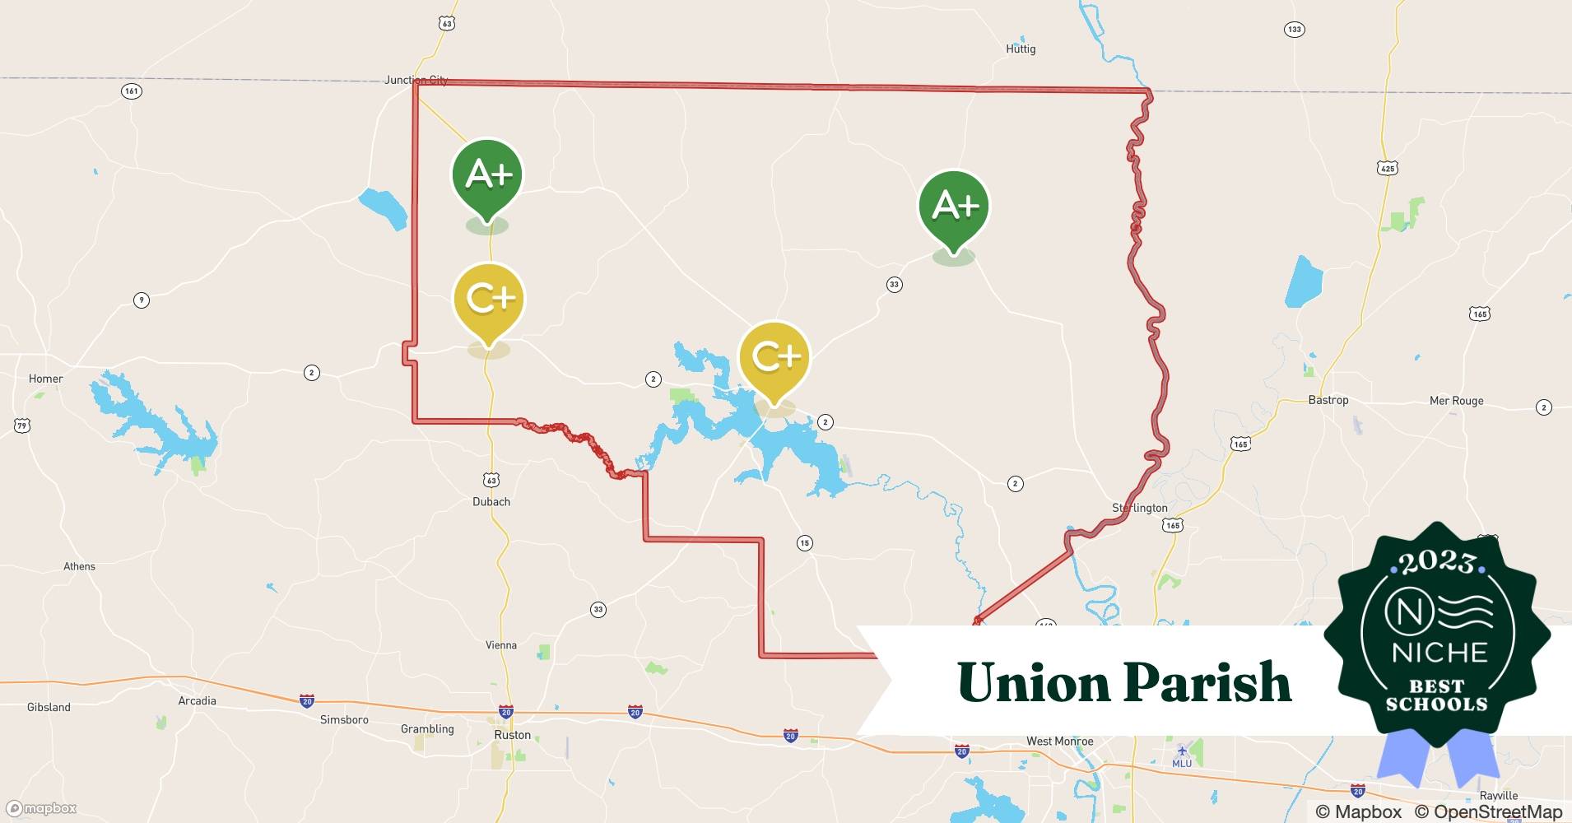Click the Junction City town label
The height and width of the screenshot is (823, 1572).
pyautogui.click(x=416, y=80)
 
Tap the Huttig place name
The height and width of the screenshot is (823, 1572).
pyautogui.click(x=1021, y=49)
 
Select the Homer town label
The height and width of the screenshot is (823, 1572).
pyautogui.click(x=45, y=379)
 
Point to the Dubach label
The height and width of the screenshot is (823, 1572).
pyautogui.click(x=491, y=502)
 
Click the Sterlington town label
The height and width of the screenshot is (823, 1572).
pyautogui.click(x=1139, y=508)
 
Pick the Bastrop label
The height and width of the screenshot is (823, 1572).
pyautogui.click(x=1328, y=400)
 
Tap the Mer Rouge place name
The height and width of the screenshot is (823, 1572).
pyautogui.click(x=1456, y=401)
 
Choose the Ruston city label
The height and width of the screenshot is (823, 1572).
pyautogui.click(x=512, y=735)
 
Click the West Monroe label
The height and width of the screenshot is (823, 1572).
pyautogui.click(x=1059, y=741)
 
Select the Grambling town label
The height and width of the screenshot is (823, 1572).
pyautogui.click(x=427, y=728)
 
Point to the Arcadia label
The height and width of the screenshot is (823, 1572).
pyautogui.click(x=197, y=701)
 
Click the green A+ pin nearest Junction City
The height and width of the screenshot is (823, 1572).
pyautogui.click(x=487, y=175)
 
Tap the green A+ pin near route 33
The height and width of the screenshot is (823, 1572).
pyautogui.click(x=954, y=206)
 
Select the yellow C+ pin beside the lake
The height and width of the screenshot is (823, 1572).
pyautogui.click(x=774, y=357)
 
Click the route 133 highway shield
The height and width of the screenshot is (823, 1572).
pyautogui.click(x=1294, y=30)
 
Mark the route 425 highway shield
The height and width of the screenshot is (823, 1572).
pyautogui.click(x=1387, y=168)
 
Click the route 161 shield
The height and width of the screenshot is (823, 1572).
pyautogui.click(x=132, y=91)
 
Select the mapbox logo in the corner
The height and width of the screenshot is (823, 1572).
pyautogui.click(x=41, y=808)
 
